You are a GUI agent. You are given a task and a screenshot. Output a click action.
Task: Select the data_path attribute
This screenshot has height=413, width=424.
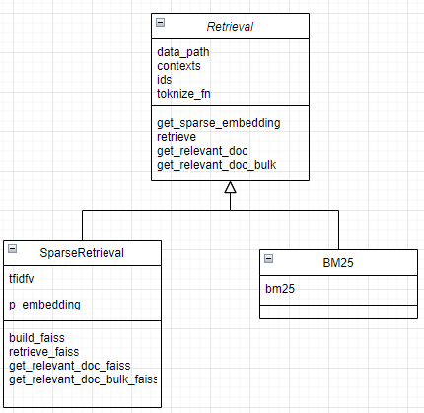point(182,52)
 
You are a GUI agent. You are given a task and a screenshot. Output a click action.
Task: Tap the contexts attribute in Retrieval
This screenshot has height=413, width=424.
point(179,66)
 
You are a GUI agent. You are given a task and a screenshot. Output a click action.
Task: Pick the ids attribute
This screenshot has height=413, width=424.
point(164,80)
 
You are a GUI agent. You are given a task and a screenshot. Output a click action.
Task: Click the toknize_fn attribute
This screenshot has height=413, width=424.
point(183,94)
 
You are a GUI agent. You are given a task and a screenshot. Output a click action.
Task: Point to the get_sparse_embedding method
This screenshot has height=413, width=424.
point(218,123)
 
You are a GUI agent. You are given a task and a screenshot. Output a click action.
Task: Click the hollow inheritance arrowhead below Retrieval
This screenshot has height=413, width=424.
point(230,188)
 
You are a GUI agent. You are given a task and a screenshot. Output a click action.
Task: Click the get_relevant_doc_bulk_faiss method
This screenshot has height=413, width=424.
point(83,379)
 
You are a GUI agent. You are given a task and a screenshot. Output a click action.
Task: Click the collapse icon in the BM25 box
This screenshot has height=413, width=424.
point(267,257)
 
